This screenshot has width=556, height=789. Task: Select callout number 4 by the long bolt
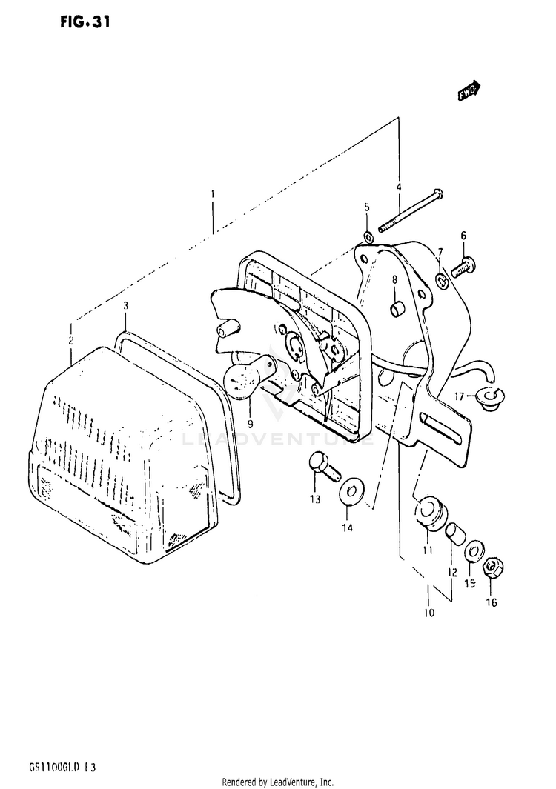tap(398, 187)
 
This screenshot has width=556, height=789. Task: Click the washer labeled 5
tap(368, 237)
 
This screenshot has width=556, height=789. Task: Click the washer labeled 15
tap(471, 552)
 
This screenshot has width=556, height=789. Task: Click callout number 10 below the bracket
tap(428, 612)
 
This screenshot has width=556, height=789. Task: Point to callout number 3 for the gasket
tap(126, 305)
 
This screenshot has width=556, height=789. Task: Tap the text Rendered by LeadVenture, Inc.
tap(278, 782)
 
